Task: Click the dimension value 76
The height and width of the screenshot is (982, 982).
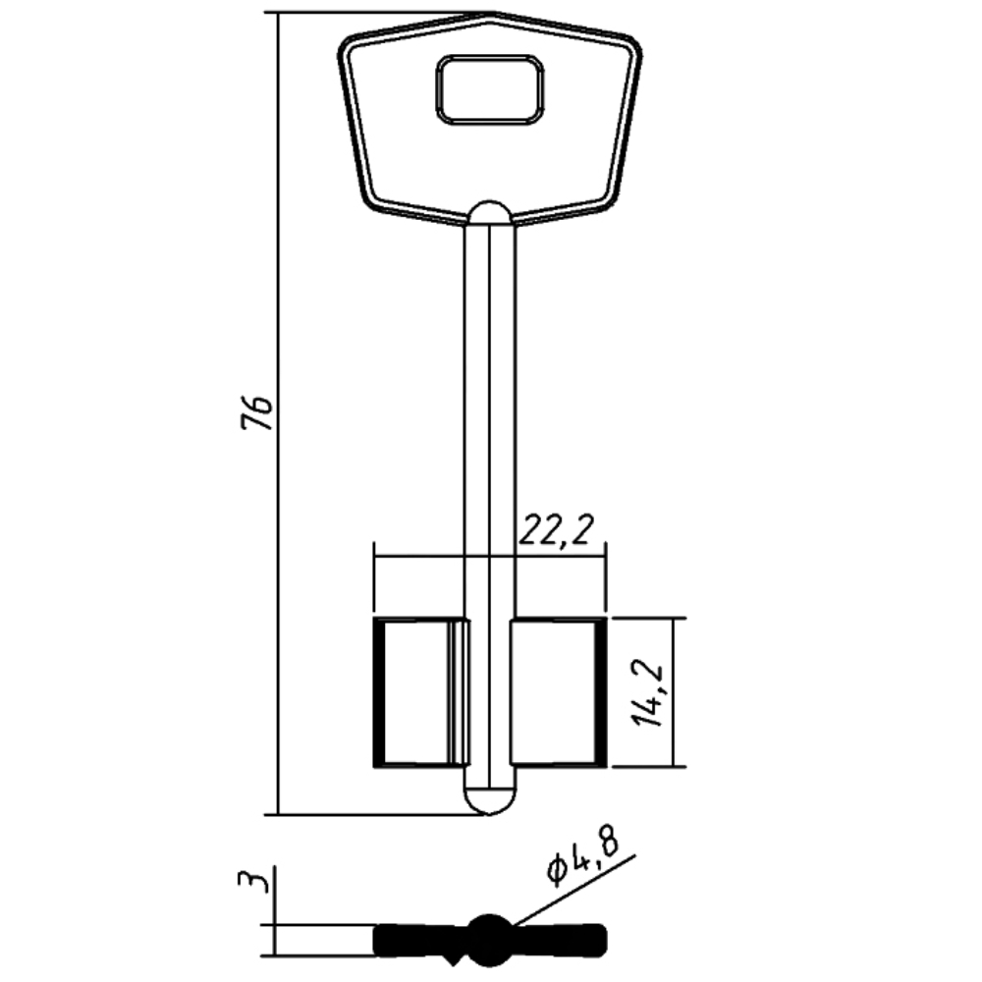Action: tap(257, 412)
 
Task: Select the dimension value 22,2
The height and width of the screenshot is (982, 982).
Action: tap(556, 530)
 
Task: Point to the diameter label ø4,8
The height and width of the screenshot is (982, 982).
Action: tap(583, 856)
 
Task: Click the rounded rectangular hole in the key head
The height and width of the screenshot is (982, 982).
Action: tap(490, 89)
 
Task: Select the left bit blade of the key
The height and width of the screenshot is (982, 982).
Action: tap(421, 692)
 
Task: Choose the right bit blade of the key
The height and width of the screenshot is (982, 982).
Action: tap(559, 692)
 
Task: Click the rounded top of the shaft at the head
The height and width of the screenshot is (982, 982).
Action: tap(490, 211)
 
